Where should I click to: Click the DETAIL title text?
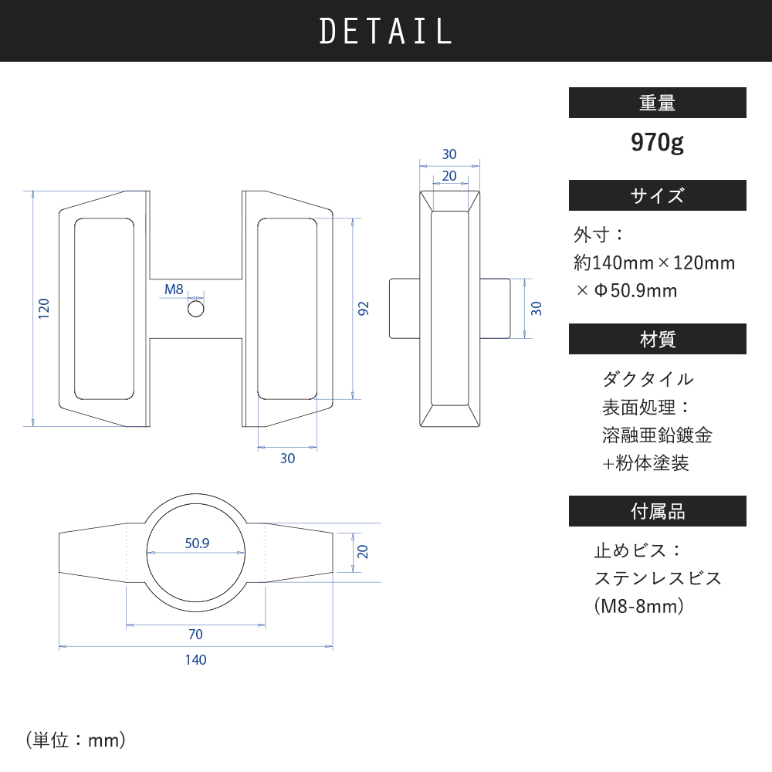tap(385, 31)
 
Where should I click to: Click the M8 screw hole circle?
tap(196, 310)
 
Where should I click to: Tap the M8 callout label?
tap(174, 289)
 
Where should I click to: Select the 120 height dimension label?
tap(44, 308)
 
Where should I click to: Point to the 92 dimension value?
tap(363, 309)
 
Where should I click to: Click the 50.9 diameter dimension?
tap(197, 543)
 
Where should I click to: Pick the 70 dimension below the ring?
tap(195, 634)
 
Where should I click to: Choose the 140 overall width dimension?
tap(195, 660)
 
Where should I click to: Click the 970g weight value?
tap(657, 143)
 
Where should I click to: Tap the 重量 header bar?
tap(657, 103)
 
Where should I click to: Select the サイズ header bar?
tap(657, 195)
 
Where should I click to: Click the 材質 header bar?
tap(657, 339)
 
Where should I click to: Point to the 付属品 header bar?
tap(657, 511)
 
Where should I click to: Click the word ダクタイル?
tap(648, 379)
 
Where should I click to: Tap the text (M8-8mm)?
tap(639, 606)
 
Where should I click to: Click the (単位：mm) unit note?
tap(76, 740)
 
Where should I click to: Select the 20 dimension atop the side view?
tap(449, 176)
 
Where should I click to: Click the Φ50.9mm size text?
tap(635, 290)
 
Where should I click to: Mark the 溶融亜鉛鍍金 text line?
tap(657, 435)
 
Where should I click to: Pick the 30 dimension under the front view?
tap(287, 459)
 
